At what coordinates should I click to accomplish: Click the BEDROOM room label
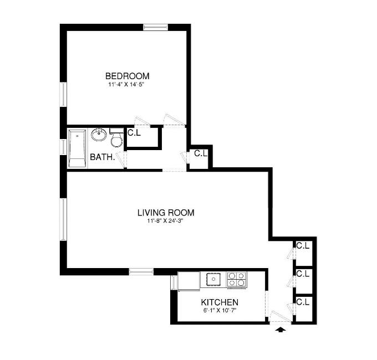[128, 76]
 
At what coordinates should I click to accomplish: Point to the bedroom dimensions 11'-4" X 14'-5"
[128, 85]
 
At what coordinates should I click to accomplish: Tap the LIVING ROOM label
[166, 212]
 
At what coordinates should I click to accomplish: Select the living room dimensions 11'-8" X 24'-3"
[166, 222]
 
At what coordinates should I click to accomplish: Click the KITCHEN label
[220, 302]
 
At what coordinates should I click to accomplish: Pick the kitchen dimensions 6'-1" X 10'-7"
[220, 310]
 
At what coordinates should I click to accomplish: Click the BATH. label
[103, 157]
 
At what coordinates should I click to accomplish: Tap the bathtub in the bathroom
[77, 148]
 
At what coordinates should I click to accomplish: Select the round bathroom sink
[99, 135]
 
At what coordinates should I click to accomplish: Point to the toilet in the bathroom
[116, 138]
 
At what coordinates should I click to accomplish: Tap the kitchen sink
[213, 279]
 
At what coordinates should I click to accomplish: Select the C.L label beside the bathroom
[134, 133]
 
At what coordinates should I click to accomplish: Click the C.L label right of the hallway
[200, 153]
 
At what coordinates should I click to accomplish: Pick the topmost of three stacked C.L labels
[302, 245]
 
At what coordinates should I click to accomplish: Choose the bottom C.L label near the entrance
[302, 302]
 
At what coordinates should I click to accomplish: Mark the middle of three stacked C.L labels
[302, 274]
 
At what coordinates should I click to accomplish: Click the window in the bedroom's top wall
[156, 27]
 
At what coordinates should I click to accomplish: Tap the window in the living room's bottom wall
[141, 271]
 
